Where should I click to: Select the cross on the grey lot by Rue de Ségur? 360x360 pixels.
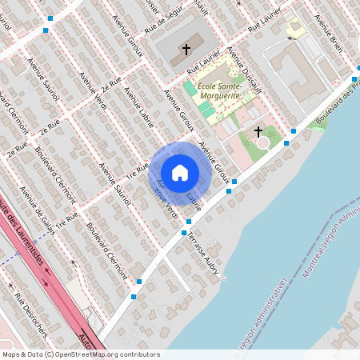tap(186, 50)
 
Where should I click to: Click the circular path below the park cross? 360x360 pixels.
tap(262, 143)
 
